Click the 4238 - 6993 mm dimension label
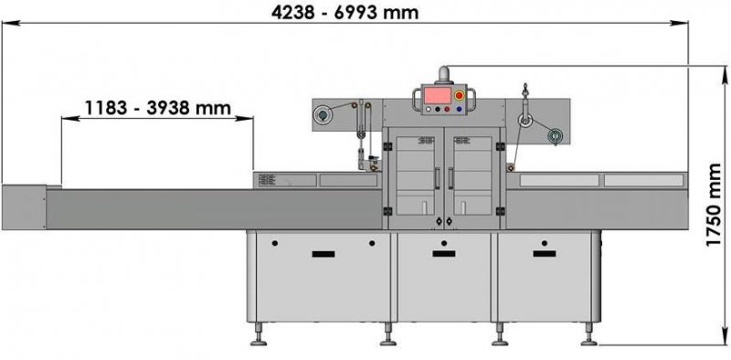pos(345,12)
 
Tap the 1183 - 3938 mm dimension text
pos(157,108)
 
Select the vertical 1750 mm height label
pos(714,206)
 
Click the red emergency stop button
pos(460,96)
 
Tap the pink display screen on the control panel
pos(437,96)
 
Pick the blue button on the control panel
pos(460,109)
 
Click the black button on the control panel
pos(438,109)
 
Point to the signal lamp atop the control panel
pos(443,75)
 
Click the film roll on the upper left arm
pos(321,114)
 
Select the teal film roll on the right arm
pos(555,136)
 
